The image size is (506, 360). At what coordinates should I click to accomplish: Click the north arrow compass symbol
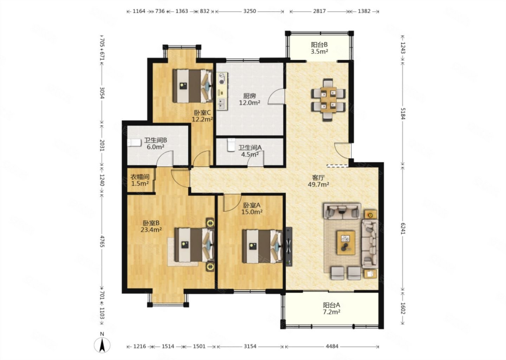(x=102, y=345)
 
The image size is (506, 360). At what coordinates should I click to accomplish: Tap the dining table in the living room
(x=328, y=100)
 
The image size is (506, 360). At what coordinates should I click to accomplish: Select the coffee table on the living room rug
(x=346, y=243)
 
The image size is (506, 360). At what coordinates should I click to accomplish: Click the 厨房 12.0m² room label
(x=249, y=99)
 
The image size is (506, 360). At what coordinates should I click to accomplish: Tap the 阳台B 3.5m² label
(x=319, y=48)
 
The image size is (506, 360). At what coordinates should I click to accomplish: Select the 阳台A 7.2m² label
(x=331, y=308)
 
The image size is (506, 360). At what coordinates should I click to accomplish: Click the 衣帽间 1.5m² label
(x=140, y=180)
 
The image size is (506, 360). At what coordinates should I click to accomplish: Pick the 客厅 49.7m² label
(x=318, y=181)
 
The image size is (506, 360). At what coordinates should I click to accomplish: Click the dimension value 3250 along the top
(x=249, y=11)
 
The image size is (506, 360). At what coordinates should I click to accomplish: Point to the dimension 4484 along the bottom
(x=332, y=346)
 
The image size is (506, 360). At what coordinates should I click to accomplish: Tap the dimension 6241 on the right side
(x=403, y=229)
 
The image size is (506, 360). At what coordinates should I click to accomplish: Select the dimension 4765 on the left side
(x=102, y=241)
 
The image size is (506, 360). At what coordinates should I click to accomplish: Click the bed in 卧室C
(x=193, y=86)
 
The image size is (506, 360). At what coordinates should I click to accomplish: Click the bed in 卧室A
(x=262, y=246)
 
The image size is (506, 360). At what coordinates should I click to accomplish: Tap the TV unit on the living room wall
(x=288, y=246)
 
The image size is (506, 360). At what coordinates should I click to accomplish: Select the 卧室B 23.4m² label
(x=151, y=226)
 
